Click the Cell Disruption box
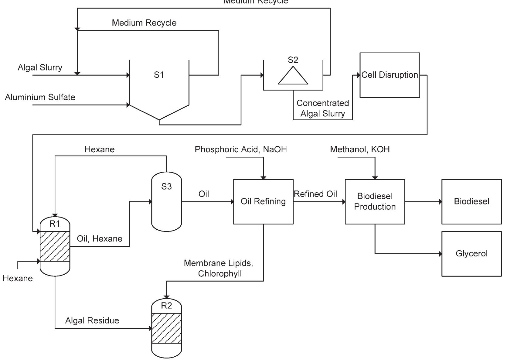click(390, 75)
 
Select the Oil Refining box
click(263, 201)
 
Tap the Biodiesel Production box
click(375, 201)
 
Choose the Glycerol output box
click(471, 254)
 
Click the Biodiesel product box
click(471, 201)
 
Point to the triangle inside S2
click(293, 77)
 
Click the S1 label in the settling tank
click(159, 75)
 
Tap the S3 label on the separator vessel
click(166, 187)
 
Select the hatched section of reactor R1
click(55, 246)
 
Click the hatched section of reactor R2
click(166, 328)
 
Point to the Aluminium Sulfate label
click(40, 97)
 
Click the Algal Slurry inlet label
click(40, 67)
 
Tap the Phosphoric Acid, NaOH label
click(240, 149)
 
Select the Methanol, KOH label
click(360, 149)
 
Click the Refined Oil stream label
click(315, 194)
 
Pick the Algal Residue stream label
click(92, 321)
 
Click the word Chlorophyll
click(220, 274)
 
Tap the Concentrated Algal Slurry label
click(322, 108)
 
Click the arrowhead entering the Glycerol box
click(440, 254)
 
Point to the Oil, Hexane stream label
click(99, 239)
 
